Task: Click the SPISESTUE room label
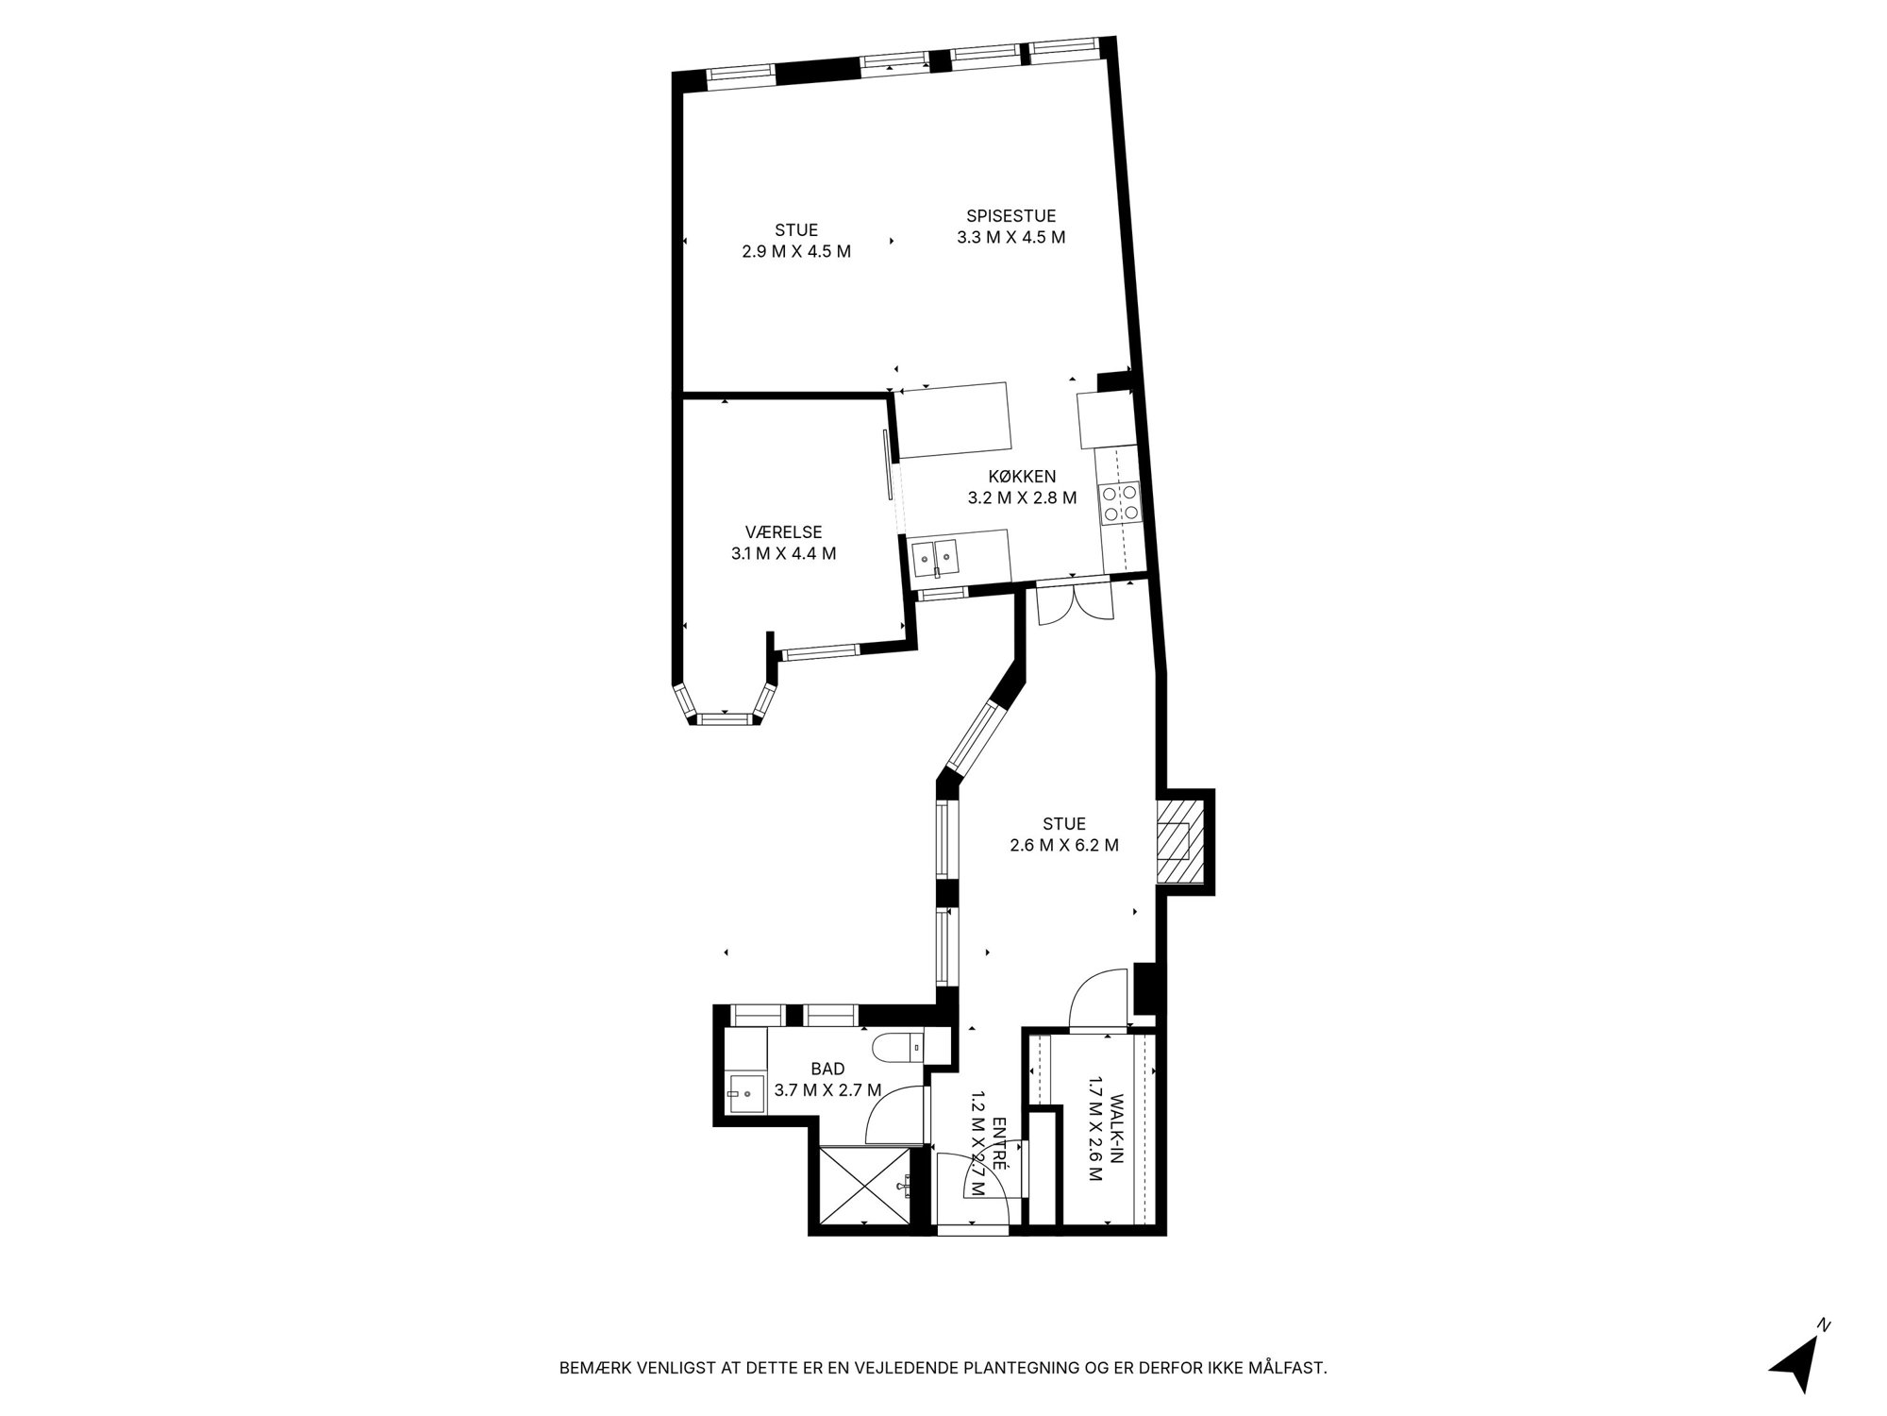click(x=1010, y=216)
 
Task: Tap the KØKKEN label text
click(x=1022, y=477)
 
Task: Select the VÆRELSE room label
click(x=783, y=532)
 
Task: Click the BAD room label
click(x=827, y=1070)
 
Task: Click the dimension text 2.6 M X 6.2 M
click(x=1064, y=846)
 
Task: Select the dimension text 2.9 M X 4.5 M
click(x=796, y=252)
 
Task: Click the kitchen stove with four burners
click(x=1119, y=501)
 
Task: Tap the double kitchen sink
click(x=935, y=557)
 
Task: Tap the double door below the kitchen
click(x=1075, y=605)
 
